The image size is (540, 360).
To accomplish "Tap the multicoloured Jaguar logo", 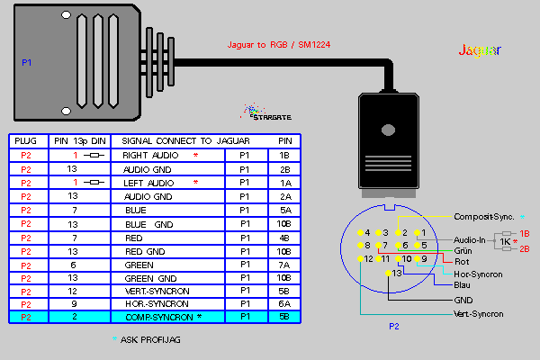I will (480, 49).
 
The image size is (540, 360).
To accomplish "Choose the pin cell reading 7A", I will (283, 264).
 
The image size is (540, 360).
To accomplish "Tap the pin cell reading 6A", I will (283, 304).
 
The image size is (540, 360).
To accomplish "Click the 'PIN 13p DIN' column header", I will (80, 141).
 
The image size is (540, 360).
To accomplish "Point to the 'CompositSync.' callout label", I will (483, 217).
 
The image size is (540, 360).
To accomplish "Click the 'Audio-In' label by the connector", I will (469, 239).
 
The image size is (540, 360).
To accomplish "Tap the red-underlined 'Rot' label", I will (462, 261).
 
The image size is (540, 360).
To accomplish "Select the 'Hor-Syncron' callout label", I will (479, 273).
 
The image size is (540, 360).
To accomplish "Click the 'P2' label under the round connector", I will (392, 327).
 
